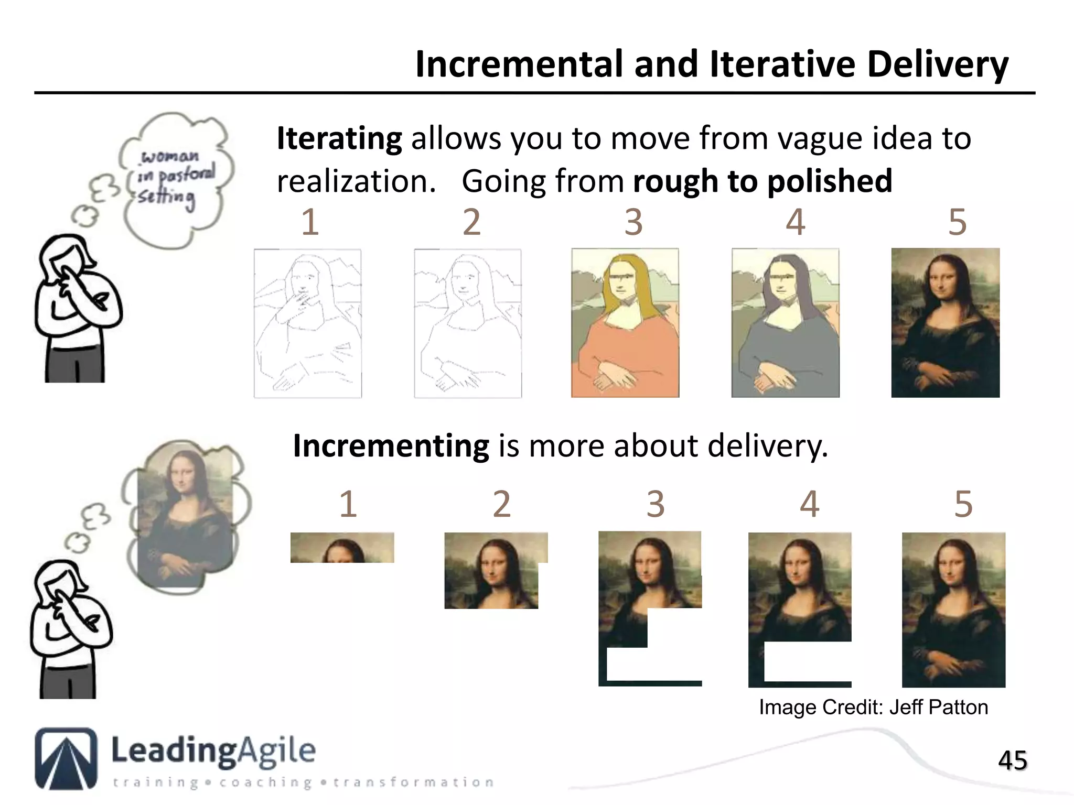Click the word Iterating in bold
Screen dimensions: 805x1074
(339, 138)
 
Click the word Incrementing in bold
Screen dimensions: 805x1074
(391, 446)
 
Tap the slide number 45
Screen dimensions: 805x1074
(1012, 760)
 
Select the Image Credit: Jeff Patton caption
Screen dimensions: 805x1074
(873, 708)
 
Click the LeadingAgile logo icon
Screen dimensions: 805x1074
(66, 758)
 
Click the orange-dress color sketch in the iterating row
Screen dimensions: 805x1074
(625, 323)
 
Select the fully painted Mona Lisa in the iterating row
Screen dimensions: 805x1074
(945, 323)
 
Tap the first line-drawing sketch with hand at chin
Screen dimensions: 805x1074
(308, 323)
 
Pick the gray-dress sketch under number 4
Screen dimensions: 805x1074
(785, 323)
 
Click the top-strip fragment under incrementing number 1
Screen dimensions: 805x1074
(342, 548)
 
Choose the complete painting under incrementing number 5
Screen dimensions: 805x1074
(953, 610)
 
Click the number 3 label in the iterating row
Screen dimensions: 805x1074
(633, 222)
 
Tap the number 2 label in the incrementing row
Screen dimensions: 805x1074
(501, 504)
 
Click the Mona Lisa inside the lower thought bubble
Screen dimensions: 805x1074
(185, 516)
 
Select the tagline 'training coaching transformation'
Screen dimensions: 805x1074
(303, 782)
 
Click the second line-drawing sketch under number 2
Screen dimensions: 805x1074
(468, 323)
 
